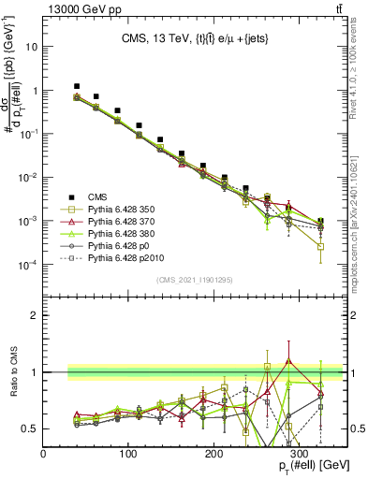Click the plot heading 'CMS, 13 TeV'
coord(155,38)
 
